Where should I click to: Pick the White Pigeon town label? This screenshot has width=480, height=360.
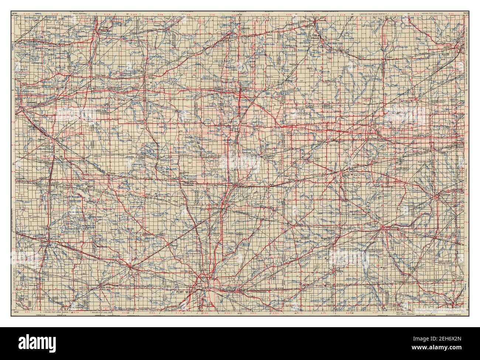coord(111,75)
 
